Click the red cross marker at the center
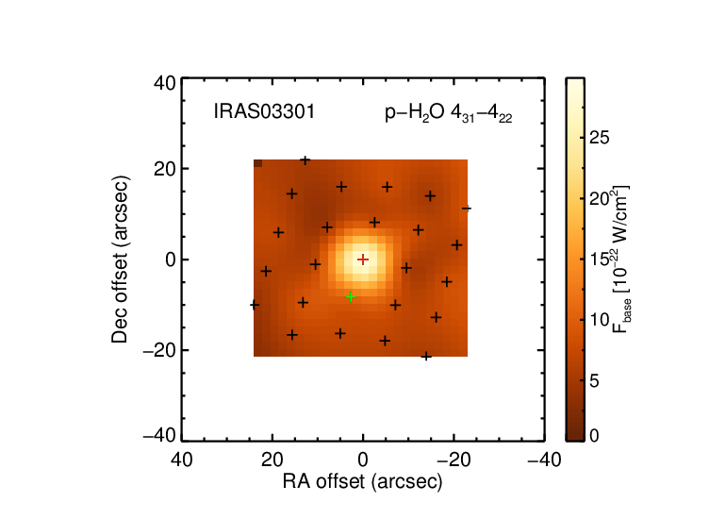[x=363, y=259]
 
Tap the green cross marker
[x=351, y=296]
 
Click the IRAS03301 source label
[x=264, y=111]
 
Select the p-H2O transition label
[x=448, y=113]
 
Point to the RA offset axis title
[x=363, y=482]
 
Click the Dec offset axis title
[x=120, y=259]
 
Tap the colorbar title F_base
[x=621, y=259]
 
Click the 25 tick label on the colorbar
[x=600, y=138]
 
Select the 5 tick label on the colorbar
[x=594, y=381]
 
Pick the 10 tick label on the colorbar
[x=600, y=320]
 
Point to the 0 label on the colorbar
[x=594, y=436]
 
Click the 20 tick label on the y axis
[x=164, y=169]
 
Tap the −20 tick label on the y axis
[x=159, y=350]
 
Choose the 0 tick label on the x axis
[x=363, y=460]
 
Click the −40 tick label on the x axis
[x=545, y=460]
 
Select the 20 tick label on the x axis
[x=272, y=460]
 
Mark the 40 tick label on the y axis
[x=164, y=84]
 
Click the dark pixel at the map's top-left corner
[x=258, y=163]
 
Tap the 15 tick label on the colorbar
[x=600, y=259]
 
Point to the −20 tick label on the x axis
[x=454, y=460]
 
